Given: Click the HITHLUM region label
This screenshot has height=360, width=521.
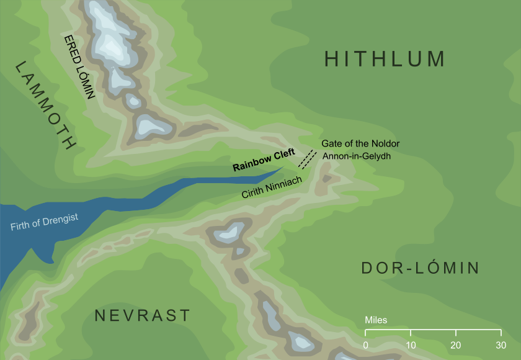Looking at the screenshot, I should point(385,60).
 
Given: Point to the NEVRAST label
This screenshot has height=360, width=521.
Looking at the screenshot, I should point(142,315).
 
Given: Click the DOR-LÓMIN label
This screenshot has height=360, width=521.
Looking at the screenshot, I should point(420,268).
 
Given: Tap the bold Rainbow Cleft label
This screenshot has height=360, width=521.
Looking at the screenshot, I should point(264,163).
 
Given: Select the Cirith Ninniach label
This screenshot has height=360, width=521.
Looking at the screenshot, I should point(272,187).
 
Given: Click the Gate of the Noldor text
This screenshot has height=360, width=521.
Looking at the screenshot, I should point(360,143).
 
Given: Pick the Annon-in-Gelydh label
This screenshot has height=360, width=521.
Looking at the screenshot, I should point(361,156).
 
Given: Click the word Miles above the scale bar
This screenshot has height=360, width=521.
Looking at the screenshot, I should point(376,320).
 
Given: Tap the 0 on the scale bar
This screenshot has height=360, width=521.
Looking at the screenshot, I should point(366,345).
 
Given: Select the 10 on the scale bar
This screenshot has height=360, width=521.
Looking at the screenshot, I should point(411,345).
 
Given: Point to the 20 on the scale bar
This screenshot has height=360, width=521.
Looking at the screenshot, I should point(455,345).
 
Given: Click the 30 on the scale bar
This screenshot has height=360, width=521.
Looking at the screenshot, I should point(501,345).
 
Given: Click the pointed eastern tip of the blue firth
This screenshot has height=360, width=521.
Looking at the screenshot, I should point(285,166).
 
